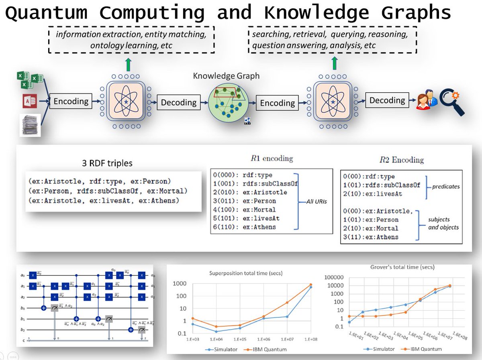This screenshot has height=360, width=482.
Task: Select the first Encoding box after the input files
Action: tap(71, 101)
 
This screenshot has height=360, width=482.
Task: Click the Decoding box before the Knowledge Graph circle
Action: tap(178, 103)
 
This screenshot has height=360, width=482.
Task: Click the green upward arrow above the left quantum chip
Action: tap(128, 64)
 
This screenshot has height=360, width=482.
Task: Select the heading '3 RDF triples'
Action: tap(106, 163)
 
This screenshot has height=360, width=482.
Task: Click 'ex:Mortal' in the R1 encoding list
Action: tap(259, 209)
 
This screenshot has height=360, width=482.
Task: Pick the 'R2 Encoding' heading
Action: tap(401, 160)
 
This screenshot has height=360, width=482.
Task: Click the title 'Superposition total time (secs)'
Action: tap(246, 273)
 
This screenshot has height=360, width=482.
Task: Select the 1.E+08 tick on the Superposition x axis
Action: tap(310, 339)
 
